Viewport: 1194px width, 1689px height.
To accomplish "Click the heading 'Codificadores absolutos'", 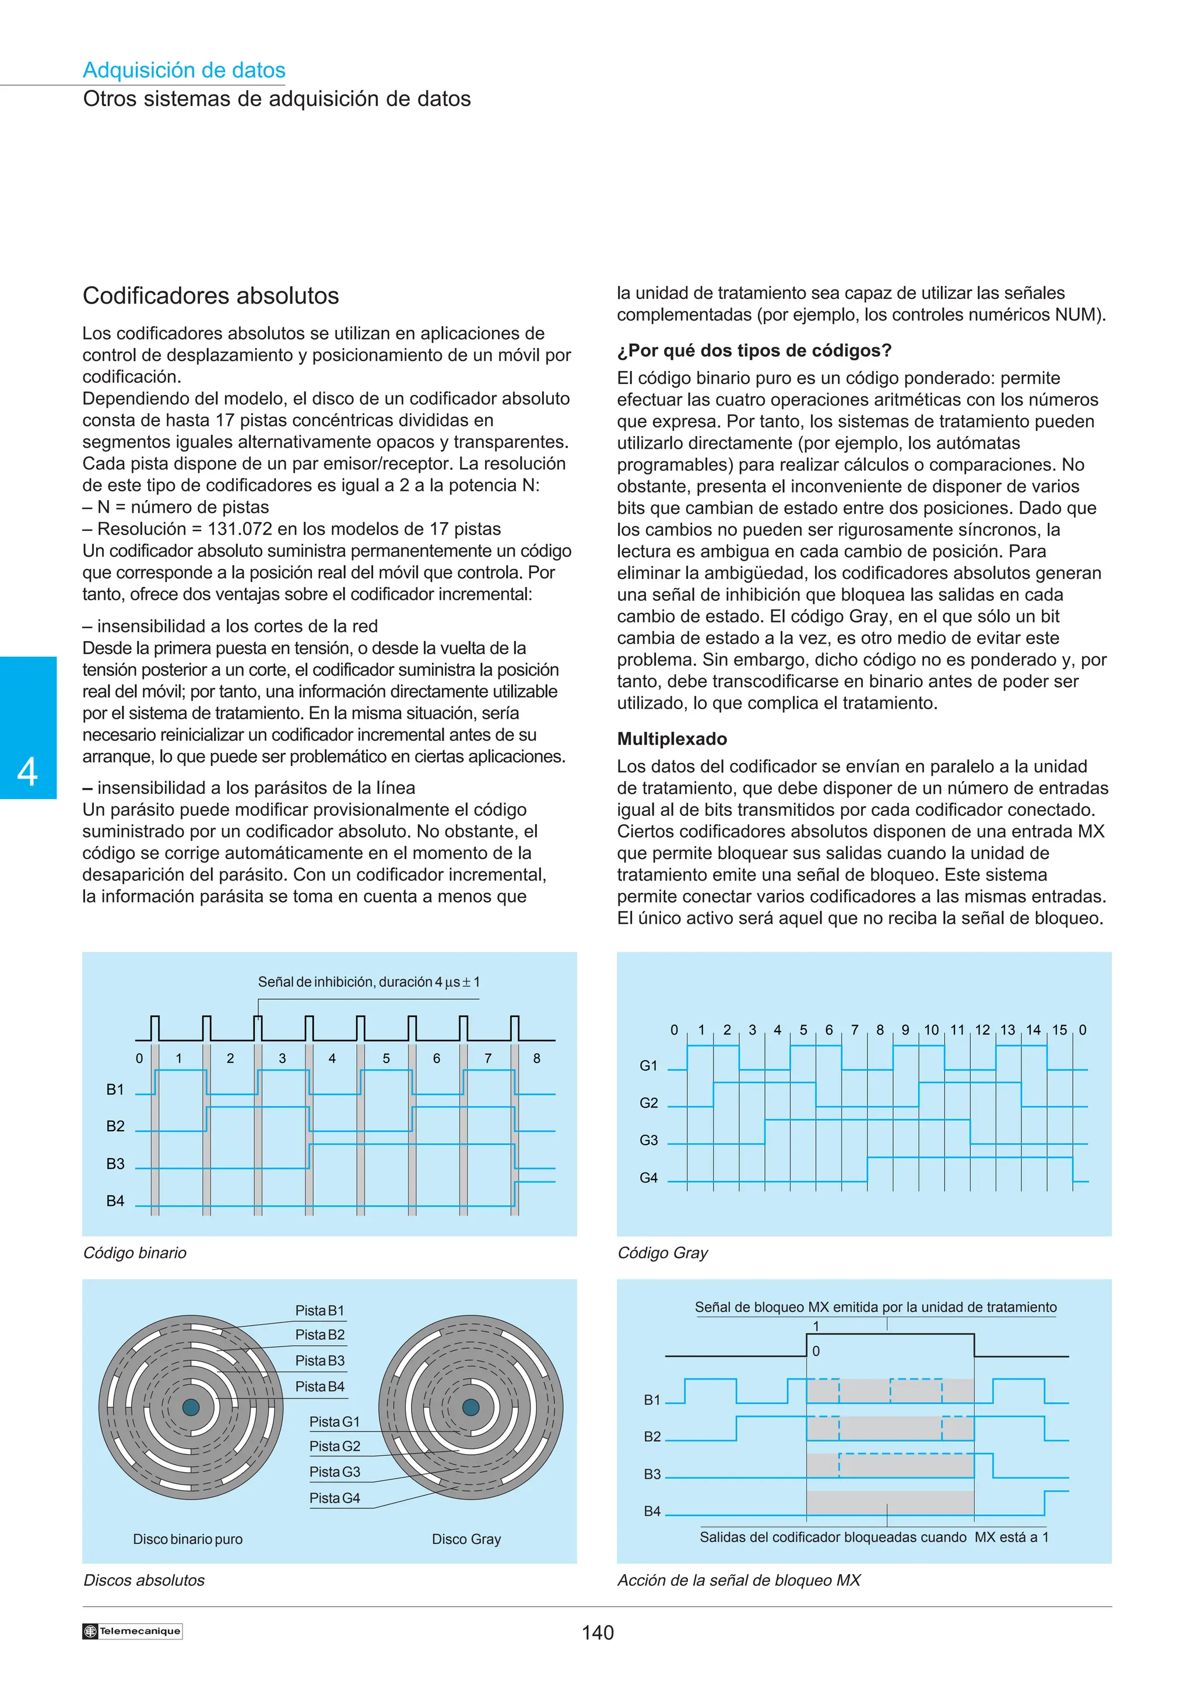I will [x=210, y=295].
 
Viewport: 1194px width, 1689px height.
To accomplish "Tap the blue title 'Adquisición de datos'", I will [x=184, y=70].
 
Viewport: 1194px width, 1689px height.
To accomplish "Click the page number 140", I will [x=598, y=1632].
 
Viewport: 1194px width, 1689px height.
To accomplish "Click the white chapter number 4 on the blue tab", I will [x=27, y=772].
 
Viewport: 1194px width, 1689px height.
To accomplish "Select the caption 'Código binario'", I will [x=135, y=1253].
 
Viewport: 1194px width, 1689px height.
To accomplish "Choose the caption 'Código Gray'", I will [x=662, y=1253].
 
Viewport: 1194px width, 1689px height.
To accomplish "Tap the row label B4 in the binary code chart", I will [x=115, y=1201].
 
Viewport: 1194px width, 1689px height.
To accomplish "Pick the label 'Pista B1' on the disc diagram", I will [x=319, y=1310].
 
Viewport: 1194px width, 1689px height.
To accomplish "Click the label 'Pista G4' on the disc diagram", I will [x=335, y=1498].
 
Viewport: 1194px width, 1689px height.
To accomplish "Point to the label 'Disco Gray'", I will [x=466, y=1539].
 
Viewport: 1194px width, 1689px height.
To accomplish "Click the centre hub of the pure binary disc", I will [x=191, y=1407].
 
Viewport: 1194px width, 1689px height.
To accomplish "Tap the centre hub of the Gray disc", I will [x=471, y=1407].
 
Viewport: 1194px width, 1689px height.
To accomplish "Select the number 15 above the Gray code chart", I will [x=1059, y=1030].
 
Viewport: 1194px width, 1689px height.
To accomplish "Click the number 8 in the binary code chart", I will [x=536, y=1058].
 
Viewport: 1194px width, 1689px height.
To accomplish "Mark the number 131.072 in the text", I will [x=238, y=529].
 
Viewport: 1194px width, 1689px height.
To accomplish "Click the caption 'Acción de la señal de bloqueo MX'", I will [x=739, y=1580].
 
